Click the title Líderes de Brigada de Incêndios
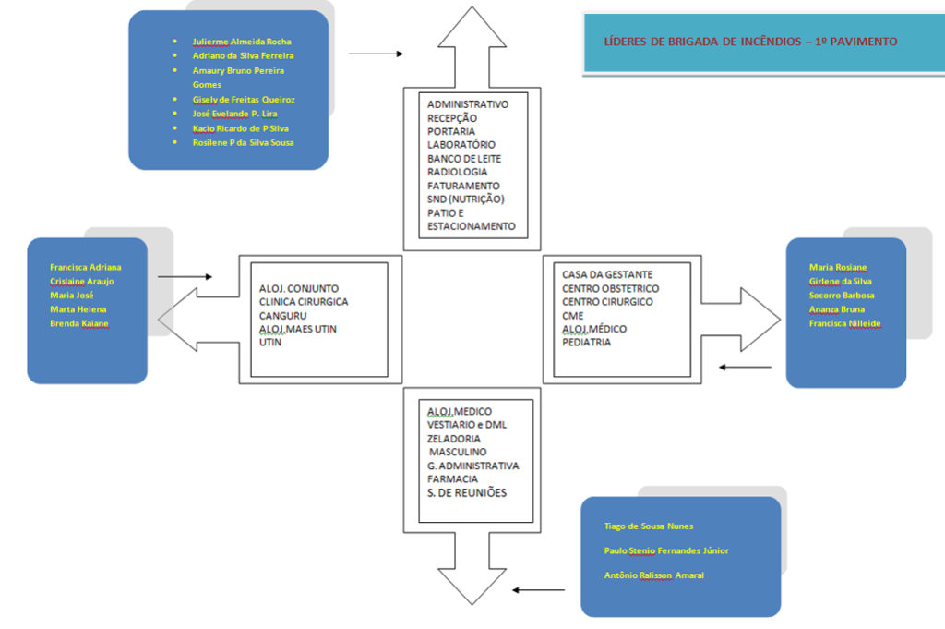pyautogui.click(x=749, y=42)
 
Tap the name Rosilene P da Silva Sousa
pyautogui.click(x=243, y=142)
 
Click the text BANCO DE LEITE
pyautogui.click(x=464, y=159)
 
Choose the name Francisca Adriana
pyautogui.click(x=85, y=267)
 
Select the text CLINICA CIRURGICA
pyautogui.click(x=304, y=301)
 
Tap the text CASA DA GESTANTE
pyautogui.click(x=607, y=274)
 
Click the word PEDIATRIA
pyautogui.click(x=587, y=343)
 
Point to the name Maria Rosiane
pyautogui.click(x=838, y=267)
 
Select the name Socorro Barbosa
pyautogui.click(x=841, y=296)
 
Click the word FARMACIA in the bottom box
pyautogui.click(x=452, y=479)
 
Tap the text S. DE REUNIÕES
pyautogui.click(x=467, y=493)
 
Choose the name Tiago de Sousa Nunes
pyautogui.click(x=648, y=526)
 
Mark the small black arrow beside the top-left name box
pyautogui.click(x=376, y=54)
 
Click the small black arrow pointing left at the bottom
pyautogui.click(x=539, y=589)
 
